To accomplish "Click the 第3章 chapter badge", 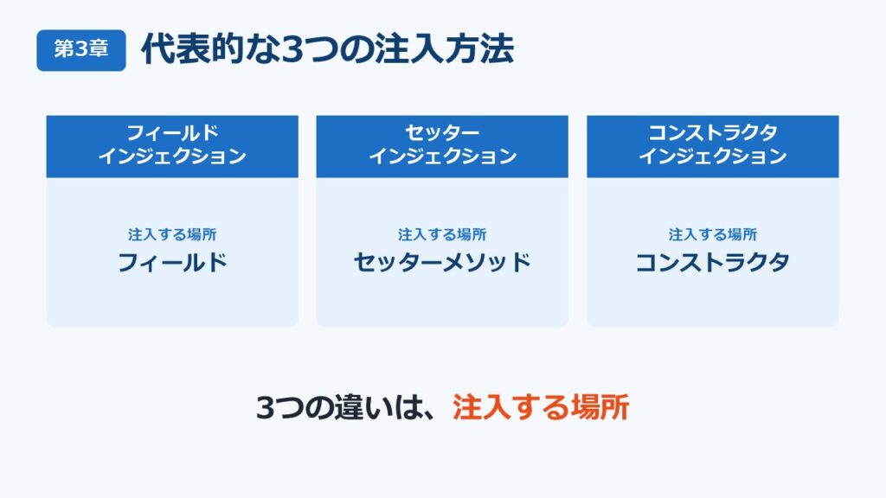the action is pos(81,50).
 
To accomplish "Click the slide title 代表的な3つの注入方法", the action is pos(328,49).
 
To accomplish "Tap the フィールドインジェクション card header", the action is pos(172,147).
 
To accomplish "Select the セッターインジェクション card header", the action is pos(442,147).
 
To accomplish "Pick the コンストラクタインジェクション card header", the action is pos(713,147).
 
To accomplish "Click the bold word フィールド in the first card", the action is pos(172,263).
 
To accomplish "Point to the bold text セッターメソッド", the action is pos(442,263).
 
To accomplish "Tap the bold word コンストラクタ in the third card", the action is pos(713,263).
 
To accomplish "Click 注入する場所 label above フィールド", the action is pos(172,234).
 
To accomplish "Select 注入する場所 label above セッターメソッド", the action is pos(442,234).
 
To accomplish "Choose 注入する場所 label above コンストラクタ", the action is pos(713,234).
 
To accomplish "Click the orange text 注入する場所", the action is pos(541,407).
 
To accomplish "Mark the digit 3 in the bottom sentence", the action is pos(266,408).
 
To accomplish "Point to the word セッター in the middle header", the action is pos(442,133).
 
